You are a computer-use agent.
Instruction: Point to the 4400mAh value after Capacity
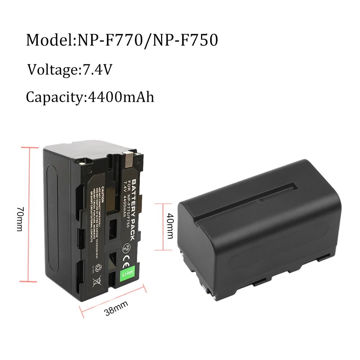(120, 97)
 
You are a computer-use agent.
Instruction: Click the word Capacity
(55, 97)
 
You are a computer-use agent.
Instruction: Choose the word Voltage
(53, 69)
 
